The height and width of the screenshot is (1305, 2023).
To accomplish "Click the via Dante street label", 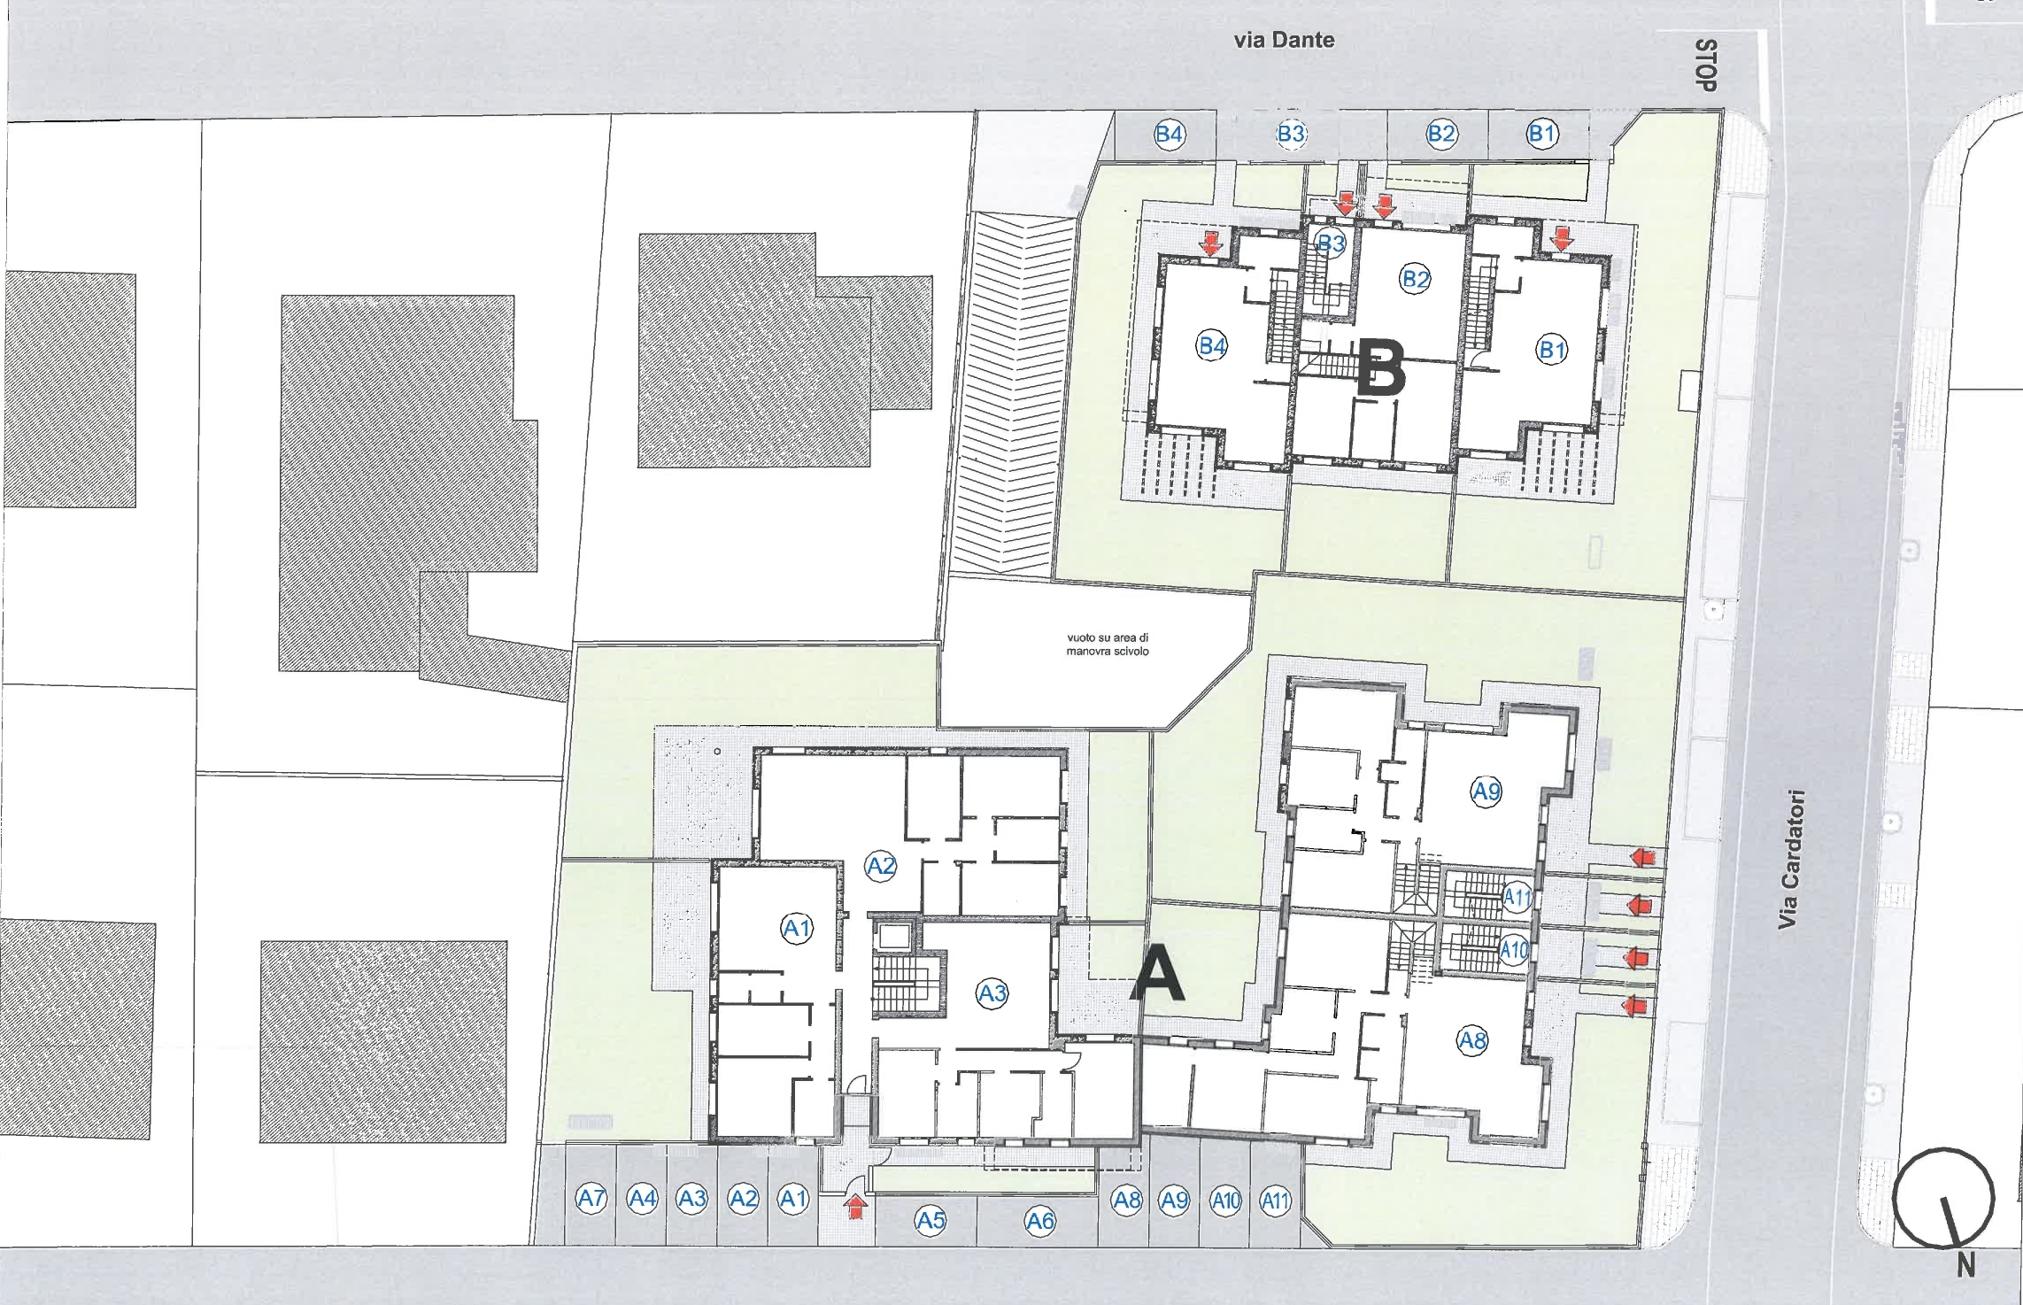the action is point(1284,40).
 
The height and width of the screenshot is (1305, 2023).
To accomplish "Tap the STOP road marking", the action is point(1706,66).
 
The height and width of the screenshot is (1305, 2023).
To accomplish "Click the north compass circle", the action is point(1943,1201).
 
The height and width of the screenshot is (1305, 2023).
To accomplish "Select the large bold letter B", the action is point(1381,368).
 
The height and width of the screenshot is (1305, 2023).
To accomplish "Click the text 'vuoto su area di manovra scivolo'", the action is point(1108,644).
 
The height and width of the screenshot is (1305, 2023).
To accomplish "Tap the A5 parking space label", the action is point(930,1222).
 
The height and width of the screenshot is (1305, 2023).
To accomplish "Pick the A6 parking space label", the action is point(1040,1222).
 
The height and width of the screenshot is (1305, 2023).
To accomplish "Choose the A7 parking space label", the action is point(591,1199).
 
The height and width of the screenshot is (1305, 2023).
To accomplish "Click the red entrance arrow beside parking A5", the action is point(855,1206).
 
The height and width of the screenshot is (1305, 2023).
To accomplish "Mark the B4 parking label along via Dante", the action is point(1170,134).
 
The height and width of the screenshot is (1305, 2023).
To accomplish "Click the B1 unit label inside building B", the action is point(1552,350).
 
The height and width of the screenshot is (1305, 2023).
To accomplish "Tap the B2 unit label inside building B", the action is point(1416,280).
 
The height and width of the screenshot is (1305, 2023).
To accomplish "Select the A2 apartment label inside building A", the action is point(881,865).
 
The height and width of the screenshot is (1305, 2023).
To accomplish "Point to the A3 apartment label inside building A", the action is point(992,993).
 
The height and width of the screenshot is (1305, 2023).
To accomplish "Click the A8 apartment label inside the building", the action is point(1472,1040).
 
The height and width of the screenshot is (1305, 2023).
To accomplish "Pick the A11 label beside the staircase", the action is point(1517,897).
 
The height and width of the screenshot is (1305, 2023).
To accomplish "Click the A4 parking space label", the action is point(643,1199).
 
